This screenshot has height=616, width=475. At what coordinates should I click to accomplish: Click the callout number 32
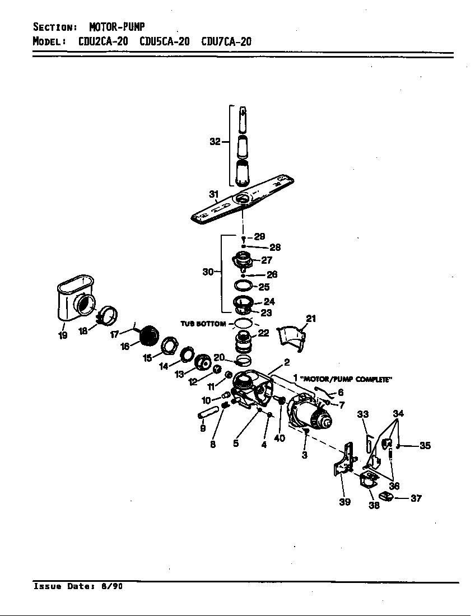pyautogui.click(x=215, y=142)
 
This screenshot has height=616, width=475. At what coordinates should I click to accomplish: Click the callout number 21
pyautogui.click(x=311, y=319)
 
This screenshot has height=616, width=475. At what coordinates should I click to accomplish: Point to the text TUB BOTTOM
pyautogui.click(x=203, y=324)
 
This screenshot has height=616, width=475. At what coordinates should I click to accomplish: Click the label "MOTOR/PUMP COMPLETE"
pyautogui.click(x=346, y=379)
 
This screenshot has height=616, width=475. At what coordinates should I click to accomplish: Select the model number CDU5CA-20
pyautogui.click(x=164, y=41)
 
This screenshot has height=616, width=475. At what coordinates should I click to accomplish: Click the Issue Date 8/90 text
pyautogui.click(x=78, y=586)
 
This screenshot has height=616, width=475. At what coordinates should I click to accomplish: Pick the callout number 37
pyautogui.click(x=416, y=498)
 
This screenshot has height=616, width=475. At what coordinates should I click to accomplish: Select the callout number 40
pyautogui.click(x=280, y=438)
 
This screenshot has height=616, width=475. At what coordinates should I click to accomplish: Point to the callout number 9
pyautogui.click(x=202, y=428)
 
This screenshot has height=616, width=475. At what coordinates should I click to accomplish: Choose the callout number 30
pyautogui.click(x=208, y=272)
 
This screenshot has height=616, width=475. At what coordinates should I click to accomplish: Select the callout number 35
pyautogui.click(x=425, y=446)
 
